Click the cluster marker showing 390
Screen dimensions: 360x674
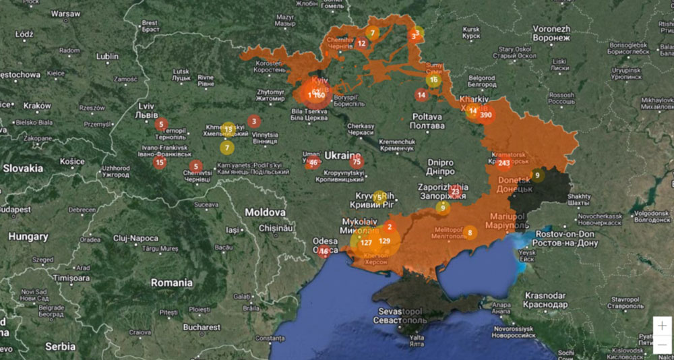486,115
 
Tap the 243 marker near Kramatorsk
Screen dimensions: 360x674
503,163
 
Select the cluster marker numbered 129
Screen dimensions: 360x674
384,241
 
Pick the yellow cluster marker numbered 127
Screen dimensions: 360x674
366,243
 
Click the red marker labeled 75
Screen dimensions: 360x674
357,161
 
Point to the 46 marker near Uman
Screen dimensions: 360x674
313,162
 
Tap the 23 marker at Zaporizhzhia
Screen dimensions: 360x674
456,192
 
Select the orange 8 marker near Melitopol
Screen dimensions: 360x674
470,233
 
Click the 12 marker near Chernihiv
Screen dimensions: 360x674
362,44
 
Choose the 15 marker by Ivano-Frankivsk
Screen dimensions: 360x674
160,162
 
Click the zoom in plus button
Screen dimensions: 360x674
663,325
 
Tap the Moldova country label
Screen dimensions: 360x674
265,212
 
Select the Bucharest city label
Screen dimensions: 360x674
201,327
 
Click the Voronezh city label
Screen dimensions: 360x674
551,30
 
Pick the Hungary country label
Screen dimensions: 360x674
28,237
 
